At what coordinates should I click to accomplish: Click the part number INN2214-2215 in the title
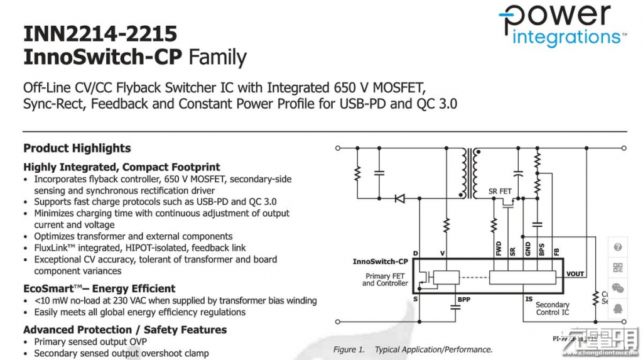tap(100, 33)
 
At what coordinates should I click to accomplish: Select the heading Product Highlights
tap(77, 148)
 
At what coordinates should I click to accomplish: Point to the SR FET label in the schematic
tap(500, 191)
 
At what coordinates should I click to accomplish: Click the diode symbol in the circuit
tap(399, 199)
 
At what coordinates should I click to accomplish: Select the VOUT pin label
tap(575, 274)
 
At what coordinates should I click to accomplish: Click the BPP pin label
tap(463, 300)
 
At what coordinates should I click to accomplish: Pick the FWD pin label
tap(498, 249)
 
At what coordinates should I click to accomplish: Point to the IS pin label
tap(529, 300)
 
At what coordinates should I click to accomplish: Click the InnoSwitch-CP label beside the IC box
tap(381, 261)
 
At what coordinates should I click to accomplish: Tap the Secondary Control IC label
tap(553, 308)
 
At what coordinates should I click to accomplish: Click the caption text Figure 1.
tap(349, 350)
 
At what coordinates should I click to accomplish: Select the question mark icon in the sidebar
tap(618, 248)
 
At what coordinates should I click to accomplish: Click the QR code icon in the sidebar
tap(618, 268)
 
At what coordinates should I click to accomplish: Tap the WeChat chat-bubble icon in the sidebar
tap(618, 288)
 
